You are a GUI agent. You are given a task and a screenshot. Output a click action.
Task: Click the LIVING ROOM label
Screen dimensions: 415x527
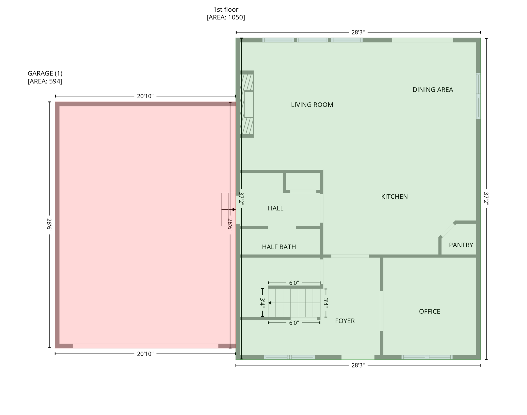click(312, 105)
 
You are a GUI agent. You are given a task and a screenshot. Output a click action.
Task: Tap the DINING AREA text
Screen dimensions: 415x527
click(432, 90)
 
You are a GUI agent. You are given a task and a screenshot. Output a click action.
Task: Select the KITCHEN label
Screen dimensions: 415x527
click(394, 197)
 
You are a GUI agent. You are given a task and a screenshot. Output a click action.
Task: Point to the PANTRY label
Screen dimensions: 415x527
click(461, 245)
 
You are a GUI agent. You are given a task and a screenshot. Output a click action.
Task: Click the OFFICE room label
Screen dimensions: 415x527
click(429, 312)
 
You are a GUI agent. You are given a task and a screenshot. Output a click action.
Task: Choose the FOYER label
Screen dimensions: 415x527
click(345, 321)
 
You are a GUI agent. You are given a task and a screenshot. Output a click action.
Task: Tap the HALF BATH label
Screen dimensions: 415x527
click(279, 247)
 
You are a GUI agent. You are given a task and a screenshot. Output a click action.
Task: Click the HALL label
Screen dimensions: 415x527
click(275, 208)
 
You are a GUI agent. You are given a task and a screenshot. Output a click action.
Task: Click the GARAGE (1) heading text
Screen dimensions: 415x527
click(45, 73)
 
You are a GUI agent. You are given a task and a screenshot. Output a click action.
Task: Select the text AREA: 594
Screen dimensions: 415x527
click(45, 81)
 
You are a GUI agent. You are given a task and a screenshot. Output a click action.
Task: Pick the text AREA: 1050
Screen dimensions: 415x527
click(225, 18)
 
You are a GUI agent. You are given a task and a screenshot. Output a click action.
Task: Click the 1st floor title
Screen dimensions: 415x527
click(225, 10)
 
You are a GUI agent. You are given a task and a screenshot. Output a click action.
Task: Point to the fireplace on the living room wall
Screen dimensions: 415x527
click(247, 104)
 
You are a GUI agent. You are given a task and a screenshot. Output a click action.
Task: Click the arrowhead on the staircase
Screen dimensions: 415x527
click(270, 303)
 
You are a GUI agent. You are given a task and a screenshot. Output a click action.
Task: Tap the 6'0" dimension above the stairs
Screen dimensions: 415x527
click(294, 283)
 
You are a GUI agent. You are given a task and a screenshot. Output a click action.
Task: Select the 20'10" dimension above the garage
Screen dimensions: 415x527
click(145, 96)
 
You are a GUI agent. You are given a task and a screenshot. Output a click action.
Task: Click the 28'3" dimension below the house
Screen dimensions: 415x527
click(358, 366)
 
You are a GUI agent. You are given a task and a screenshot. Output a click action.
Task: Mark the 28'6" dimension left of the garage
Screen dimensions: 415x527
click(49, 225)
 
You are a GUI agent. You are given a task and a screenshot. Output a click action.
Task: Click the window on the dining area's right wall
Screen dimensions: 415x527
click(478, 96)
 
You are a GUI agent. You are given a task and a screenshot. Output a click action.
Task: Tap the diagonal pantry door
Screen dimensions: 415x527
click(448, 230)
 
